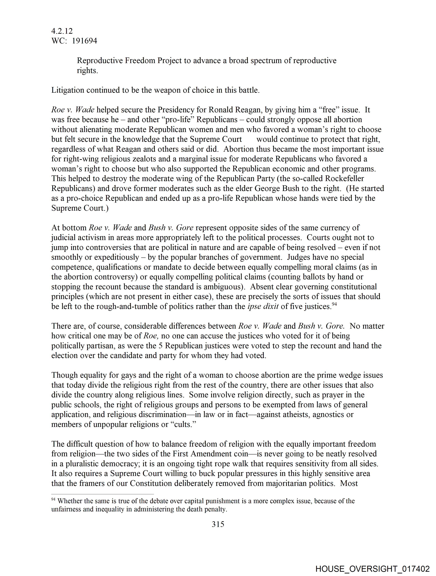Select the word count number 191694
(84, 41)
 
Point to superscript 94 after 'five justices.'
(334, 304)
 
